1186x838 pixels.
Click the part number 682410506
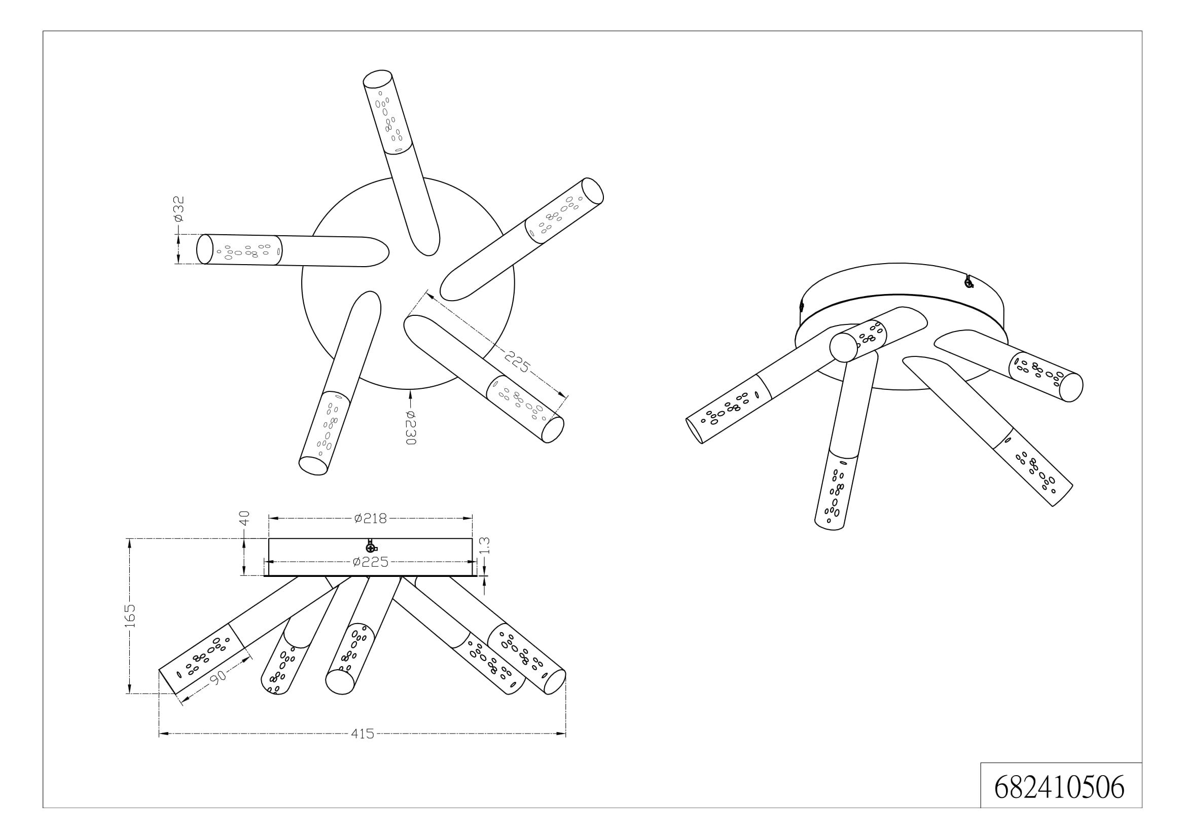point(1059,787)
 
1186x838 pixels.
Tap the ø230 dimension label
point(411,427)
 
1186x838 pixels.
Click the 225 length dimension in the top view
point(517,362)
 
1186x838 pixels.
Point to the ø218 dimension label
point(370,519)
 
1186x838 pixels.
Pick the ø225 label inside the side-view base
point(370,562)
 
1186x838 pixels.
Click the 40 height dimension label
point(244,518)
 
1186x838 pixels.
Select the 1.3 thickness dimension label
point(485,546)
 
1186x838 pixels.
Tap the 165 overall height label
point(130,615)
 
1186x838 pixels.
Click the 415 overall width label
point(362,734)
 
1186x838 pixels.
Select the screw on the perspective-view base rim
point(968,281)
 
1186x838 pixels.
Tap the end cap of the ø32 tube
point(204,249)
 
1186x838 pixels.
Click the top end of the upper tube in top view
point(378,78)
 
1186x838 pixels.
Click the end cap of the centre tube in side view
point(340,681)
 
